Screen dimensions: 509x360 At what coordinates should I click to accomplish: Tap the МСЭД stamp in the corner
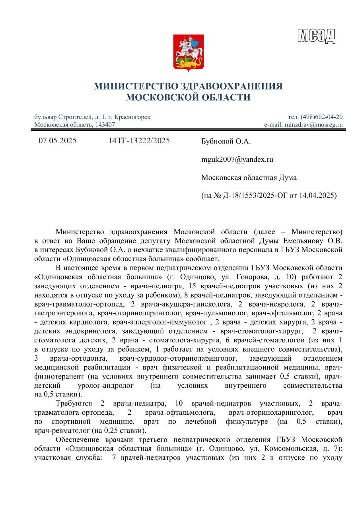coord(316,36)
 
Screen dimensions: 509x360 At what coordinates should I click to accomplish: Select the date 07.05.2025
coord(57,141)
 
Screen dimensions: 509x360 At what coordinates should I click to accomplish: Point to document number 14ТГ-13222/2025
coord(139,141)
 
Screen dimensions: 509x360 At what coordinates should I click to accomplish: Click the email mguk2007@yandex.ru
coord(232,159)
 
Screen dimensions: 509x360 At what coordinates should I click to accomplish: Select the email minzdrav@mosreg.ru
coord(313,124)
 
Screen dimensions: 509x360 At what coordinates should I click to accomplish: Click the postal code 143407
coord(104,124)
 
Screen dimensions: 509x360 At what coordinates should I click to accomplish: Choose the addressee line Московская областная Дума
coord(249,177)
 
